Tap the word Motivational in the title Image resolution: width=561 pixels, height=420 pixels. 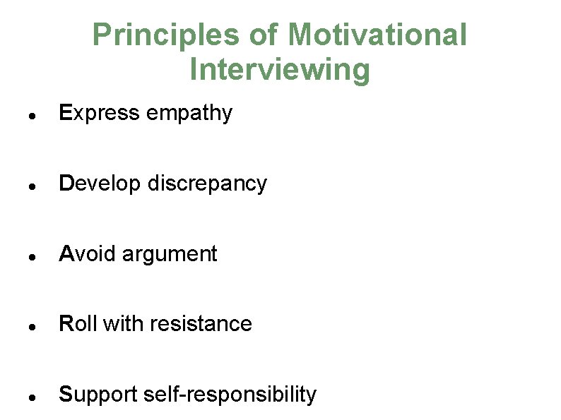377,35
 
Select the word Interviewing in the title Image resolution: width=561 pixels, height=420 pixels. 280,70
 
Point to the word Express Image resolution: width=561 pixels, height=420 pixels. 100,113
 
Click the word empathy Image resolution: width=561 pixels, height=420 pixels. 189,114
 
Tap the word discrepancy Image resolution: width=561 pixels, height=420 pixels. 208,184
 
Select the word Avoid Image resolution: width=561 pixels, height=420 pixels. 88,253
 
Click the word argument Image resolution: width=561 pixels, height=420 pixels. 170,254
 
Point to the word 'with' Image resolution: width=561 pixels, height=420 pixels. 119,323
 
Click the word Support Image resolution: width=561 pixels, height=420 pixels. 98,395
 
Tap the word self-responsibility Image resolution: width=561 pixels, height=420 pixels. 230,395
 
